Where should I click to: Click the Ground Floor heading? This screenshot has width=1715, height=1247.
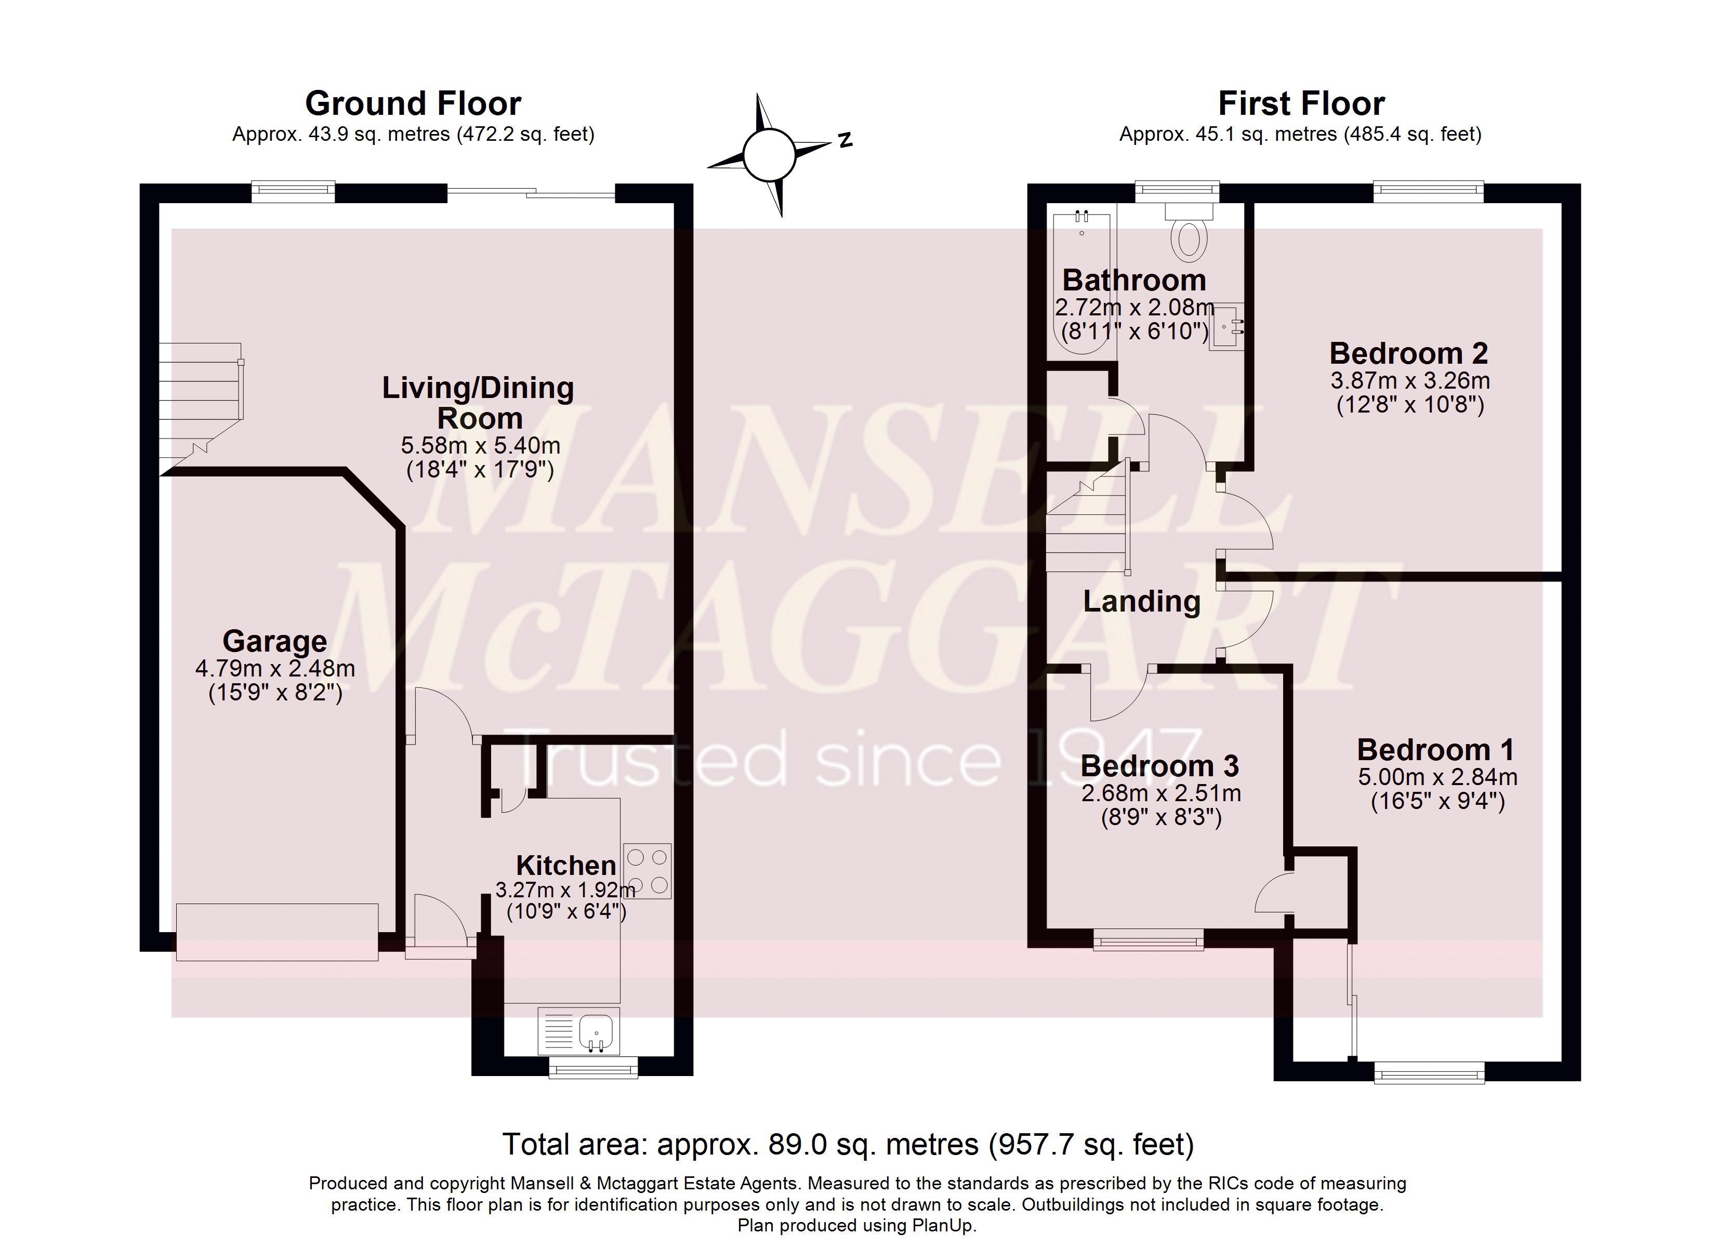(x=413, y=103)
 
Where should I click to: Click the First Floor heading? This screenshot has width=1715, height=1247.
(x=1301, y=103)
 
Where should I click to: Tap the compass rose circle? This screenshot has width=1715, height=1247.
(x=769, y=155)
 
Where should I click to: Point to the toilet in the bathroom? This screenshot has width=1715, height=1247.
(x=1189, y=231)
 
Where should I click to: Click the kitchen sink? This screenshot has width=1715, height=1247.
(x=578, y=1030)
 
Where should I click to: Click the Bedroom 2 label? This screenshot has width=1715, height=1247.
(x=1409, y=353)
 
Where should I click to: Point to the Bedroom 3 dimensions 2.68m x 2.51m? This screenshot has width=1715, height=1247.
(x=1160, y=793)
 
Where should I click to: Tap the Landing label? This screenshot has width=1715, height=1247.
(x=1142, y=601)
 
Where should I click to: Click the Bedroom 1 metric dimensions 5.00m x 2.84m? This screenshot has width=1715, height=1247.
(x=1437, y=777)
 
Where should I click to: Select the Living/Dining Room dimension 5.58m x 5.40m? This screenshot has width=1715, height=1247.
(x=480, y=445)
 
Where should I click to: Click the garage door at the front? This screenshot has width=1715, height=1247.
(x=277, y=932)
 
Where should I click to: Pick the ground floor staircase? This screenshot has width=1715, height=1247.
(x=202, y=408)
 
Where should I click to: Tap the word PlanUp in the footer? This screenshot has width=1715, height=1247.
(x=944, y=1225)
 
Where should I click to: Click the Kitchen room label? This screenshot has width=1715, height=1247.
(x=565, y=865)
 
